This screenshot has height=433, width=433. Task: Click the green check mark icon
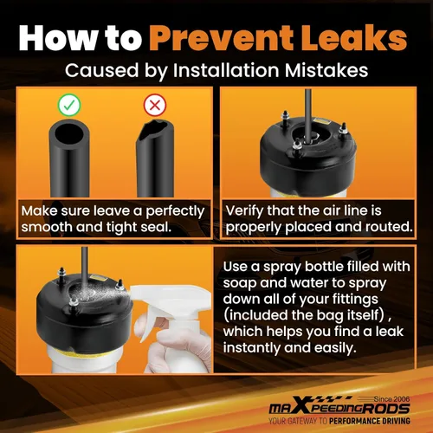tap(69, 105)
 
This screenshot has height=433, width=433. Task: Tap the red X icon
tap(155, 105)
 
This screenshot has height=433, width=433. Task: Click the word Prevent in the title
tap(221, 38)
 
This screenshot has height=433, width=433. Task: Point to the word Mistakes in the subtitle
tap(326, 70)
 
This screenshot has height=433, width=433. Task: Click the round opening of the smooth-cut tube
tap(69, 135)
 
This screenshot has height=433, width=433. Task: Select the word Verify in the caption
tap(245, 211)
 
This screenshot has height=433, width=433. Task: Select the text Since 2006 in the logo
tap(391, 399)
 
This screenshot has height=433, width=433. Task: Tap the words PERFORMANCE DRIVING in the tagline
tap(370, 421)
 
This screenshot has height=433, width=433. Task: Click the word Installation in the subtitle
tap(226, 70)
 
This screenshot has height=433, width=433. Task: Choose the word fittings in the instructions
tap(348, 300)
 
